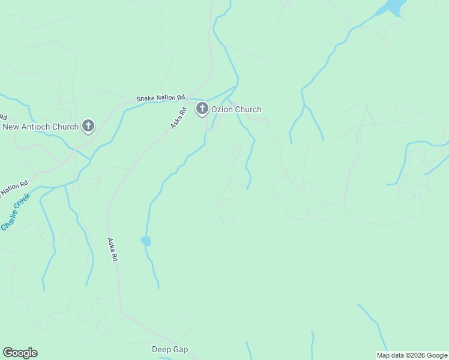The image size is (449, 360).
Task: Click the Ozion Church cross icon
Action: (x=202, y=109)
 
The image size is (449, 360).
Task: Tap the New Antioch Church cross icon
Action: (x=88, y=126)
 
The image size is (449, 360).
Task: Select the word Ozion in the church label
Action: (x=223, y=109)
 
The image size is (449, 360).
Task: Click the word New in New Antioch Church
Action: (x=11, y=127)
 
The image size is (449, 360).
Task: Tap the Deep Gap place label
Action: (x=170, y=349)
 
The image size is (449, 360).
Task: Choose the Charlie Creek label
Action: (x=16, y=211)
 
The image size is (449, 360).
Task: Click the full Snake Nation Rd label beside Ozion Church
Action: (x=161, y=97)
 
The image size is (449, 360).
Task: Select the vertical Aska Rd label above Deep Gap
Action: (x=112, y=250)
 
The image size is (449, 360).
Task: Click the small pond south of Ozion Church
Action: (x=146, y=241)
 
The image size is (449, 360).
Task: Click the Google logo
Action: (x=20, y=353)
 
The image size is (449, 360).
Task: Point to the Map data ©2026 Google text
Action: (x=411, y=355)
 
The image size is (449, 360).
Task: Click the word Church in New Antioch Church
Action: (x=66, y=127)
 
